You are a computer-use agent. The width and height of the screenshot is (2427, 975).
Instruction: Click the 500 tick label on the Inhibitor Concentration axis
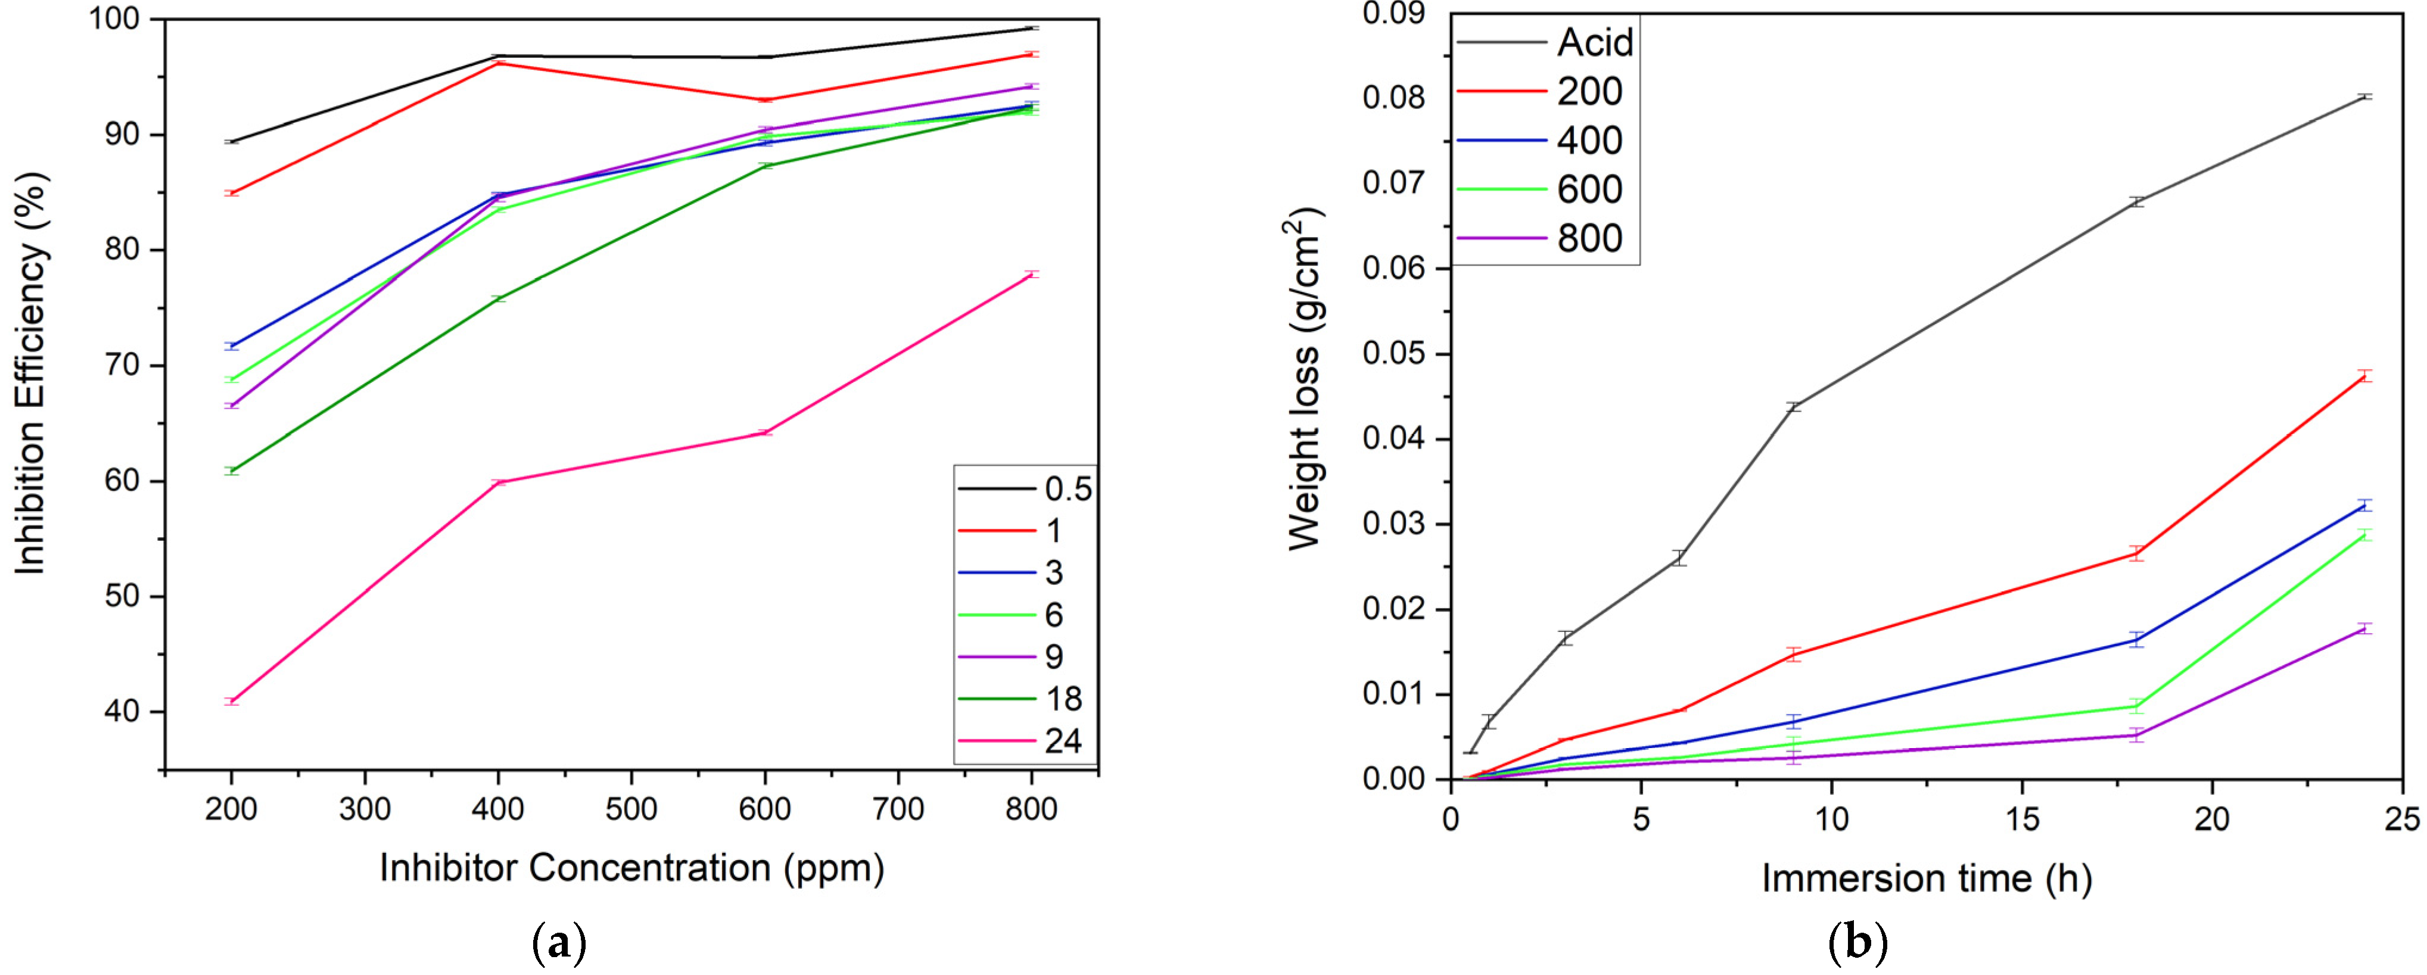pyautogui.click(x=630, y=809)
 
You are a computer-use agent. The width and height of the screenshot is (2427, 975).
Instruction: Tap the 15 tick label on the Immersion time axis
pyautogui.click(x=2022, y=820)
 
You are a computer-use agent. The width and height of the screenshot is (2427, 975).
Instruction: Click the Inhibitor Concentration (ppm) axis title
pyautogui.click(x=631, y=868)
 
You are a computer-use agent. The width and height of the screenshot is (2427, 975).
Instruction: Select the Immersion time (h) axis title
pyautogui.click(x=1927, y=879)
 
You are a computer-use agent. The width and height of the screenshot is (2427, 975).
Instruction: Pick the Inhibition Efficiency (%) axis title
pyautogui.click(x=30, y=372)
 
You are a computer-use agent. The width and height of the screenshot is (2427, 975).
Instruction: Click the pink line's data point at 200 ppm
pyautogui.click(x=232, y=702)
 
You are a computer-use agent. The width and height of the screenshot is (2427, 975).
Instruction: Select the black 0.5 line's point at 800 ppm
pyautogui.click(x=1032, y=28)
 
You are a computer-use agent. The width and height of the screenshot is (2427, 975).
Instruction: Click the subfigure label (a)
pyautogui.click(x=559, y=943)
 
